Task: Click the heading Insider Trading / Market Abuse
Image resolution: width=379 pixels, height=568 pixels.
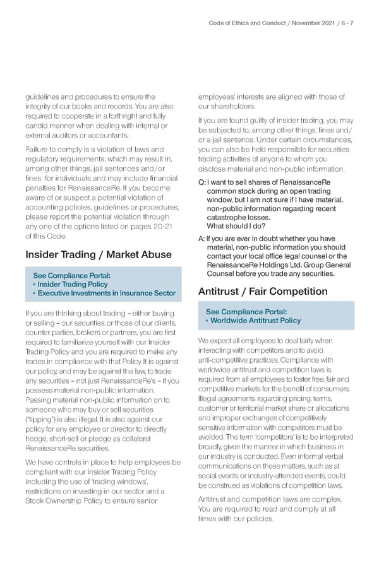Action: tap(98, 255)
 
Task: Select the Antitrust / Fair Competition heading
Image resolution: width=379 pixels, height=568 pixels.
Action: tap(263, 292)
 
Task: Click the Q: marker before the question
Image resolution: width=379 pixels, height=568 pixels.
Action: tap(202, 182)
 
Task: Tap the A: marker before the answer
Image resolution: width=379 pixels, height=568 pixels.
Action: tap(202, 239)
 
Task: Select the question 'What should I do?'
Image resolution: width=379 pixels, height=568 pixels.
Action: tap(233, 226)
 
